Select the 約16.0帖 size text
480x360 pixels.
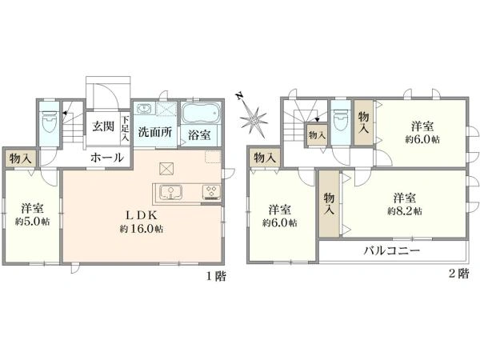pyautogui.click(x=142, y=230)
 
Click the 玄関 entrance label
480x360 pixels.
pyautogui.click(x=102, y=126)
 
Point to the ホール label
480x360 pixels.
pyautogui.click(x=106, y=158)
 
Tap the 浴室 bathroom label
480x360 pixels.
pyautogui.click(x=200, y=135)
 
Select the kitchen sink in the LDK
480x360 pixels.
pyautogui.click(x=170, y=191)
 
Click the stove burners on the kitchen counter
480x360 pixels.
pyautogui.click(x=211, y=191)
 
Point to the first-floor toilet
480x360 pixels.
pyautogui.click(x=48, y=122)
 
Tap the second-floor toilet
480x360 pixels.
pyautogui.click(x=340, y=121)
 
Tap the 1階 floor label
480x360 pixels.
pyautogui.click(x=216, y=274)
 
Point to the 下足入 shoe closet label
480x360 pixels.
pyautogui.click(x=125, y=129)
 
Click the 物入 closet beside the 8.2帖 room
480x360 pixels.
pyautogui.click(x=329, y=204)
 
